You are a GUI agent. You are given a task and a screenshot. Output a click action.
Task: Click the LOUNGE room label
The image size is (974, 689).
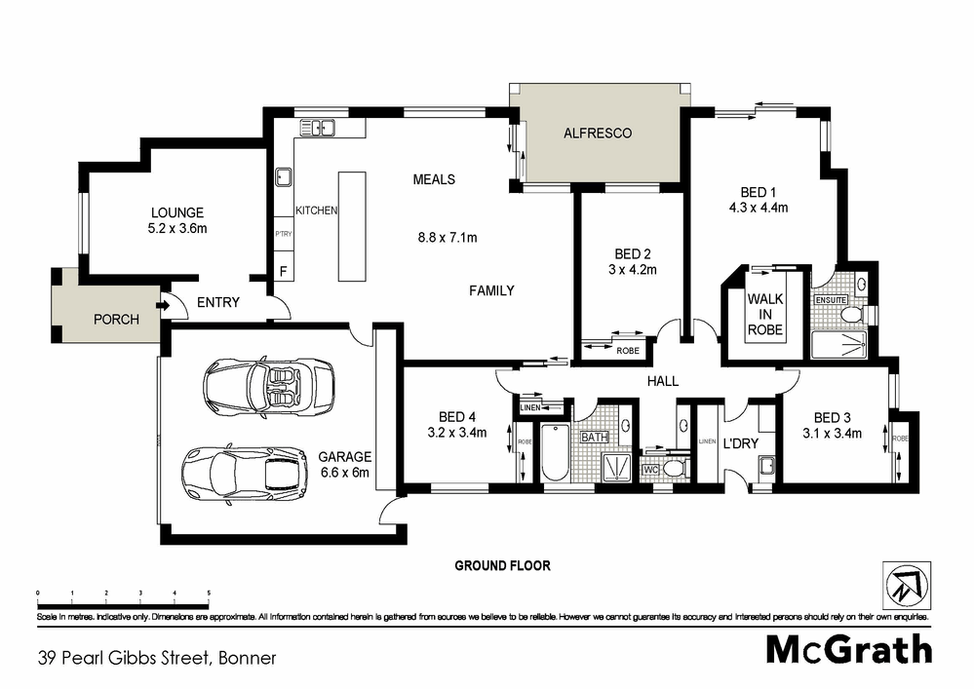pyautogui.click(x=176, y=212)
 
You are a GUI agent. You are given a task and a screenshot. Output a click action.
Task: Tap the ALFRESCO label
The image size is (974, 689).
pyautogui.click(x=598, y=133)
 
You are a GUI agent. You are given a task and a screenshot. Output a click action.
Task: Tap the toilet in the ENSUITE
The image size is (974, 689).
pyautogui.click(x=851, y=315)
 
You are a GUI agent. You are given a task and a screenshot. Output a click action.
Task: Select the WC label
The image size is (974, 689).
pyautogui.click(x=651, y=470)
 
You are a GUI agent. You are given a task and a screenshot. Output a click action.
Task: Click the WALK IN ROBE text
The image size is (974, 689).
pyautogui.click(x=765, y=314)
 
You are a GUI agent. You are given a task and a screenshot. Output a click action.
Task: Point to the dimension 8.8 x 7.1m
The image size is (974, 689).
pyautogui.click(x=448, y=237)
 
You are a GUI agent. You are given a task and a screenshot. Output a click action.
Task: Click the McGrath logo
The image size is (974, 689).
pyautogui.click(x=847, y=649)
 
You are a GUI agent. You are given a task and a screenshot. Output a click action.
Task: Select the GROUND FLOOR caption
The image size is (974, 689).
pyautogui.click(x=502, y=565)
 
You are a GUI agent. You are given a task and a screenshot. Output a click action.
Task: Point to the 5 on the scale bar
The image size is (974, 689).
pyautogui.click(x=209, y=592)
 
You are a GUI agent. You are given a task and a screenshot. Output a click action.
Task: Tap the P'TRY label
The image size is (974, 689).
pyautogui.click(x=284, y=235)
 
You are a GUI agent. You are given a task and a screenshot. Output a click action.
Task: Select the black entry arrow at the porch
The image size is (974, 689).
pyautogui.click(x=161, y=305)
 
